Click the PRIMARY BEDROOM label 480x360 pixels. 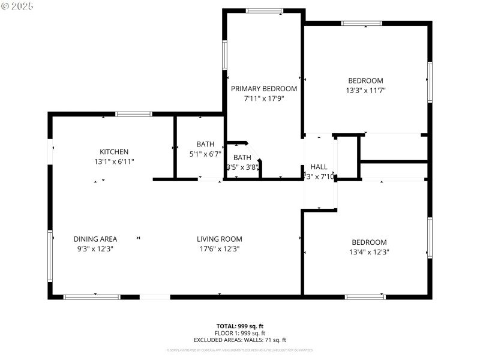[264, 89]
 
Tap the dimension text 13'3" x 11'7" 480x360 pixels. [366, 91]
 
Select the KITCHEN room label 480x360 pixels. [114, 152]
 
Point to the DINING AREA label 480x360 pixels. [95, 239]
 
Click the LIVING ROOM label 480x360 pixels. [220, 239]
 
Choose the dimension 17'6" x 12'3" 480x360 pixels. [220, 248]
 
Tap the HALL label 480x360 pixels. [319, 167]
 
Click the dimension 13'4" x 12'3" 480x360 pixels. [369, 252]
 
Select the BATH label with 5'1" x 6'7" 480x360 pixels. [205, 144]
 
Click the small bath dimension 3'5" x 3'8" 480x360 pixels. [242, 167]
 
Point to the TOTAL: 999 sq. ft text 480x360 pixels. [239, 326]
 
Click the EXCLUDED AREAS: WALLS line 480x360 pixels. [239, 340]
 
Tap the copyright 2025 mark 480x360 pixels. [17, 6]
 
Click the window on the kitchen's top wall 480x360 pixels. [134, 114]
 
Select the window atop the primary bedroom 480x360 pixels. [265, 11]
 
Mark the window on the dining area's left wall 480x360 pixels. [50, 256]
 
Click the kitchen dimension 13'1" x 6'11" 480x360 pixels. [114, 161]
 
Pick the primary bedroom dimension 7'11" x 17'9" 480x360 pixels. [264, 98]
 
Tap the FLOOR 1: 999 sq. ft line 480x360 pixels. [239, 333]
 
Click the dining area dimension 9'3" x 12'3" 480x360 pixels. [95, 248]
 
